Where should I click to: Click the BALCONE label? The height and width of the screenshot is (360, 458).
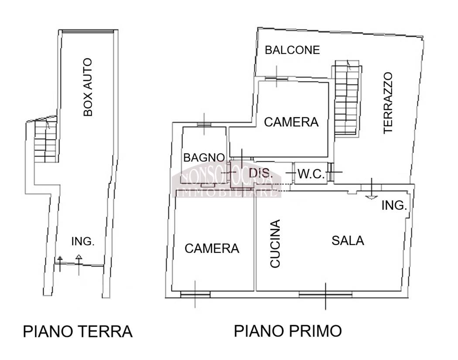pyautogui.click(x=292, y=50)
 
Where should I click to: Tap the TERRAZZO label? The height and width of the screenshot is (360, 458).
pyautogui.click(x=388, y=103)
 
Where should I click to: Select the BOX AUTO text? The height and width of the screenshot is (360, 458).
pyautogui.click(x=88, y=87)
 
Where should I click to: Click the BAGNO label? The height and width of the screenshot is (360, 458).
pyautogui.click(x=204, y=158)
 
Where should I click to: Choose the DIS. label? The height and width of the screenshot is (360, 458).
pyautogui.click(x=260, y=173)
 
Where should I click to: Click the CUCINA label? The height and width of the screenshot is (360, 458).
pyautogui.click(x=275, y=244)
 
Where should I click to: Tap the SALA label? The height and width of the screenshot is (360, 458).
pyautogui.click(x=348, y=241)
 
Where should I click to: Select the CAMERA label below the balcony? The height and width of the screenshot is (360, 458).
pyautogui.click(x=291, y=122)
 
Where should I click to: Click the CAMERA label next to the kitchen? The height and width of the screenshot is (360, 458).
pyautogui.click(x=212, y=248)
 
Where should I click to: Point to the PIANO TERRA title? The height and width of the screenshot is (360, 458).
pyautogui.click(x=78, y=332)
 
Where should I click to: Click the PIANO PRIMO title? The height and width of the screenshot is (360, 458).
pyautogui.click(x=288, y=331)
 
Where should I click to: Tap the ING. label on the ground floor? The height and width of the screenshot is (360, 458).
pyautogui.click(x=83, y=241)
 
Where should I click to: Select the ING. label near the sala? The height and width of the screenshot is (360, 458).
pyautogui.click(x=394, y=205)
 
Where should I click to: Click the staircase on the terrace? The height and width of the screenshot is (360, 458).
pyautogui.click(x=347, y=98)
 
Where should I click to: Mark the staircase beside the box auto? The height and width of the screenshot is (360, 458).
pyautogui.click(x=45, y=141)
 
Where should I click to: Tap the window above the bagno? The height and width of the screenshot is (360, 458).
pyautogui.click(x=204, y=124)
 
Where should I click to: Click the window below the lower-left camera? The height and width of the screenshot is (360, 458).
pyautogui.click(x=195, y=295)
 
